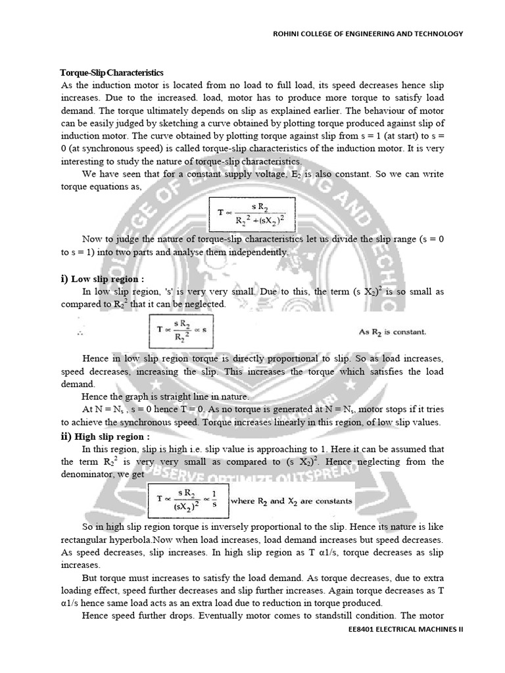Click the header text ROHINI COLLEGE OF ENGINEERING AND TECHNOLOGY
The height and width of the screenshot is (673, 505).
click(368, 34)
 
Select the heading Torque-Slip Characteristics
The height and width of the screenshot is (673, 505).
click(112, 72)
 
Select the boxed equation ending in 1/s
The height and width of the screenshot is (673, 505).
click(187, 501)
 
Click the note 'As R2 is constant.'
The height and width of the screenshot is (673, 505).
click(392, 332)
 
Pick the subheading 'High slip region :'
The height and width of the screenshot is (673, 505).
click(112, 436)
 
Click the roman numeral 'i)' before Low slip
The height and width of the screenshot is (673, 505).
click(64, 279)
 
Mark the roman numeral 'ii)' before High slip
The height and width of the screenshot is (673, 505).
click(66, 436)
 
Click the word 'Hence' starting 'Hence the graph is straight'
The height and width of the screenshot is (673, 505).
click(94, 397)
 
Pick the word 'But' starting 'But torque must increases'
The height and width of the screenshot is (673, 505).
click(90, 577)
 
